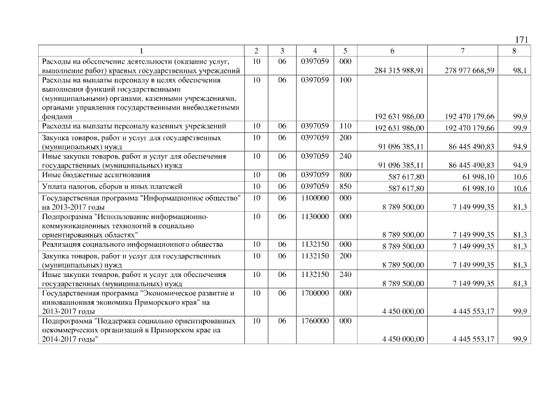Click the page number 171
click(x=521, y=40)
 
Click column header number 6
click(x=392, y=50)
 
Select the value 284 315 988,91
click(x=399, y=71)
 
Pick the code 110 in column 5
click(x=345, y=126)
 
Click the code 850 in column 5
click(x=345, y=186)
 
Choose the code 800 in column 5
click(x=345, y=175)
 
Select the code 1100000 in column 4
click(x=315, y=198)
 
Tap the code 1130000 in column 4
click(x=315, y=217)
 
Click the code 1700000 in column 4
click(x=315, y=293)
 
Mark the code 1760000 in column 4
click(x=315, y=321)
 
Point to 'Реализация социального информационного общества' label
click(x=132, y=245)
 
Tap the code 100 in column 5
click(x=345, y=80)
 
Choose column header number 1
click(x=142, y=50)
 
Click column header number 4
click(x=315, y=50)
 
